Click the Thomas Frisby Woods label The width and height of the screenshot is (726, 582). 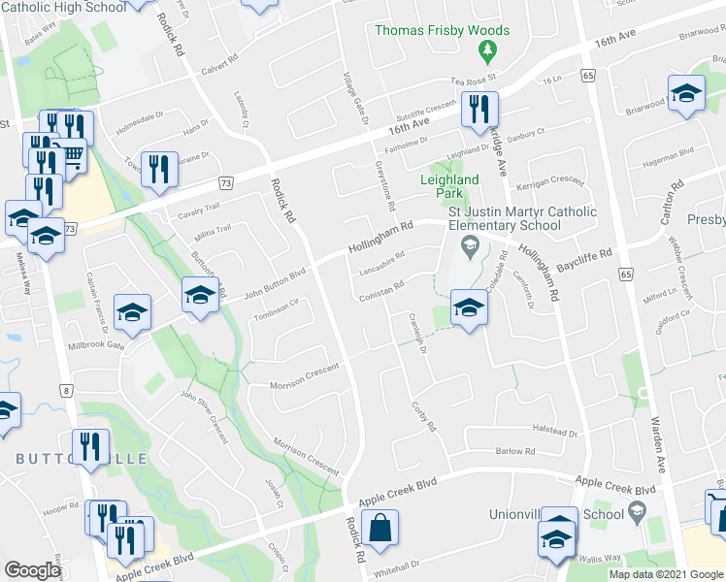(442, 31)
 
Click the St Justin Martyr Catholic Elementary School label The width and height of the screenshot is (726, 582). (487, 219)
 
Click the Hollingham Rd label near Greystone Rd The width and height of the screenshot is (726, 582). (380, 239)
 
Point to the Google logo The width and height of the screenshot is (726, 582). (32, 570)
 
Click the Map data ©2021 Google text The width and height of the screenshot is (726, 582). (666, 574)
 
